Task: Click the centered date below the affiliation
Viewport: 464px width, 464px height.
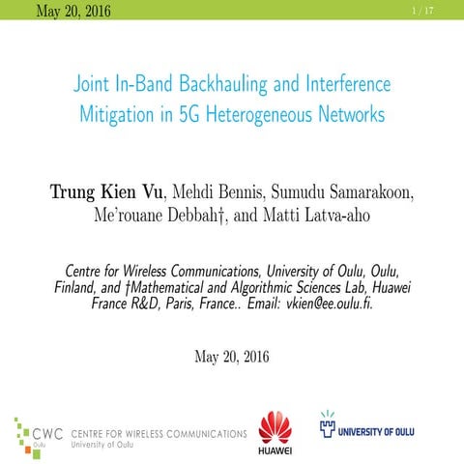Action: click(x=232, y=356)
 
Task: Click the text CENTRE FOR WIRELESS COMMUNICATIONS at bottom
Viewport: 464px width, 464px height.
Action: click(x=158, y=433)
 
